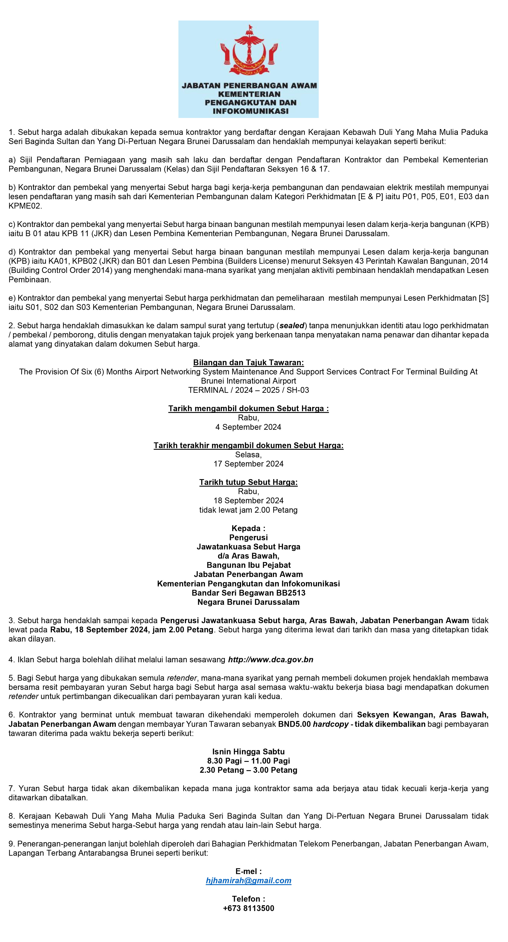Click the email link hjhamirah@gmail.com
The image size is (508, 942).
[x=248, y=881]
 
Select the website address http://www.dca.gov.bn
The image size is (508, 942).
[x=271, y=660]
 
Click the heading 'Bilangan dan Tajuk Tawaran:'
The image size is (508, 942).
[x=248, y=363]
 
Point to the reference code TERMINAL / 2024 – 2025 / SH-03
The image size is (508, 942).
[x=248, y=390]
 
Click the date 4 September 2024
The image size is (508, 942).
[x=248, y=427]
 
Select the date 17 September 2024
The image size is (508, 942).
[x=248, y=464]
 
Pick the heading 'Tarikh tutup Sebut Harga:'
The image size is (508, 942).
[x=248, y=482]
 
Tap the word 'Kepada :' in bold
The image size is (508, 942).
[x=248, y=528]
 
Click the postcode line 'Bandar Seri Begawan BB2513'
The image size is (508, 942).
[x=248, y=593]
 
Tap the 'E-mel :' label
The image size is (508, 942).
[x=248, y=871]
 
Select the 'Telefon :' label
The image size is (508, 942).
[x=248, y=899]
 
